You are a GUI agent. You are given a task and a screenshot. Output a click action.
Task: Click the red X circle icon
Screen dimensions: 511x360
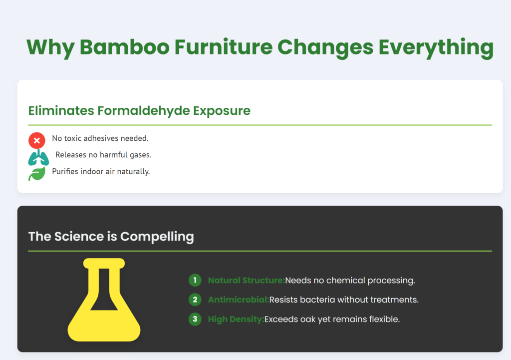coord(37,140)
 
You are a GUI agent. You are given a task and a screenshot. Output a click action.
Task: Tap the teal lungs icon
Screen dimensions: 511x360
coord(38,157)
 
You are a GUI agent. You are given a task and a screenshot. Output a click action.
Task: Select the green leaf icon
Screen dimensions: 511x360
coord(37,174)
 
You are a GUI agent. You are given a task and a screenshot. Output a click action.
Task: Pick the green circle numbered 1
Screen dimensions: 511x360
coord(195,280)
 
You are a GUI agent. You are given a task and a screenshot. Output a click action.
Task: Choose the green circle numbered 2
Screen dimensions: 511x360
coord(195,300)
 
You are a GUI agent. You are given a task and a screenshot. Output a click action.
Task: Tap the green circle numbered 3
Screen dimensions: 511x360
coord(195,319)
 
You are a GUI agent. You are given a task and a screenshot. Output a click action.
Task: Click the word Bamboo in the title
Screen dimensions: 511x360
coord(124,47)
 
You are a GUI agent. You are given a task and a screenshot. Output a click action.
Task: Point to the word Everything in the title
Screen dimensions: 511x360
coord(436,48)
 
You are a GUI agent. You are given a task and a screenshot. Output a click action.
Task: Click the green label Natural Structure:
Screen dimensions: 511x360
coord(247,281)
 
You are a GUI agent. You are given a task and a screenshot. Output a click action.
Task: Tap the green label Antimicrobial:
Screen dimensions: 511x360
coord(239,300)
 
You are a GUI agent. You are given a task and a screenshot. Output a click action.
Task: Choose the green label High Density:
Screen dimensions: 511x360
coord(236,319)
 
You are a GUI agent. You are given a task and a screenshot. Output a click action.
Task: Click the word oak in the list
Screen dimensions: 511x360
coord(307,319)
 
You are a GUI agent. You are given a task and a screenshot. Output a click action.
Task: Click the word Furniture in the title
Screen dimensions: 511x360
coord(224,47)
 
